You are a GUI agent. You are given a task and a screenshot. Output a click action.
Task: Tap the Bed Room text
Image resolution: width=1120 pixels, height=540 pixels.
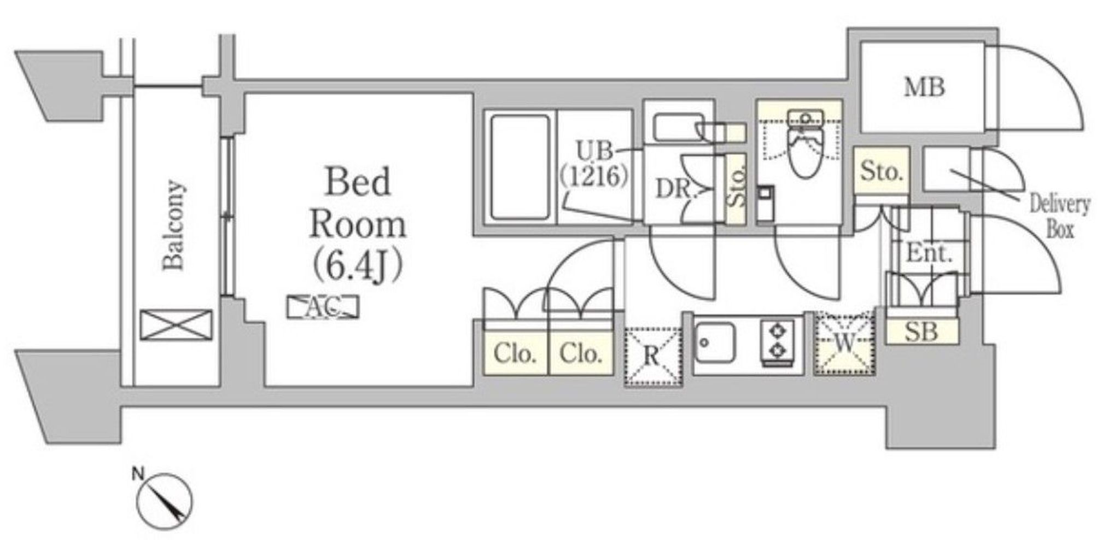358,202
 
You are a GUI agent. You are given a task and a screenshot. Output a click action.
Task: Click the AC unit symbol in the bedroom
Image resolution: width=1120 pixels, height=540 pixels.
323,307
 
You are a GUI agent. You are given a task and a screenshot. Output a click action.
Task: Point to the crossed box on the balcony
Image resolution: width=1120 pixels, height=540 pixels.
176,325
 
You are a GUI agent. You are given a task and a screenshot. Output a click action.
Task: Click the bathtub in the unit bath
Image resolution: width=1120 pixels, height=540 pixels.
520,167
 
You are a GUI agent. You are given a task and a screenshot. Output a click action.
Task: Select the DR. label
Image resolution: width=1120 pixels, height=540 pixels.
674,189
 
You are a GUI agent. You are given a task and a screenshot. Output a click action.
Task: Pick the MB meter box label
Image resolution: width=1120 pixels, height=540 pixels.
924,88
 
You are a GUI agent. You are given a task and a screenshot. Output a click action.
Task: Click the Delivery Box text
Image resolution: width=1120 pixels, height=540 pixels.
1059,217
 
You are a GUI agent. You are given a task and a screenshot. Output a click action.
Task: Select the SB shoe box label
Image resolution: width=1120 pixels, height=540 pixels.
922,332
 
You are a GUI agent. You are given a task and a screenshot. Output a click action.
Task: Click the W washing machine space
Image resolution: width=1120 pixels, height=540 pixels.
844,343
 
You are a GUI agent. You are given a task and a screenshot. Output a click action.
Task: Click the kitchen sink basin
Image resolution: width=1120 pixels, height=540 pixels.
715,342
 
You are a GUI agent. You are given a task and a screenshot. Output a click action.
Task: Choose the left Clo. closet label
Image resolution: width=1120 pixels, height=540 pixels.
515,354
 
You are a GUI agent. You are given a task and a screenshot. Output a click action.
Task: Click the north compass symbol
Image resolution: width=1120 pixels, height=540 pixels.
165,501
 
